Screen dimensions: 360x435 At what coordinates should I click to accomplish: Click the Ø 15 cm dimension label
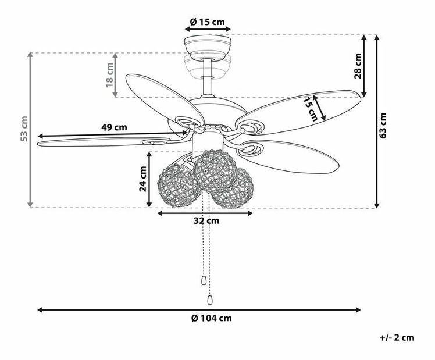(208, 22)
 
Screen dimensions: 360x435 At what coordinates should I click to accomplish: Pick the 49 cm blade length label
(114, 127)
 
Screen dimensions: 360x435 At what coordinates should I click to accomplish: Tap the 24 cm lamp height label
(142, 179)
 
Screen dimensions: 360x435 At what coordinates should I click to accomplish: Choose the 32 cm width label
(206, 221)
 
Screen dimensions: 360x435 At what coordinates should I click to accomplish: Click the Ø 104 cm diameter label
(211, 318)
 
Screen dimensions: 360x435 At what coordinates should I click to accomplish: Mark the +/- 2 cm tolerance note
(397, 337)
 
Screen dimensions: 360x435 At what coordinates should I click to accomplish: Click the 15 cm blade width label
(312, 108)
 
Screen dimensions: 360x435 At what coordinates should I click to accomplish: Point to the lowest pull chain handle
(209, 299)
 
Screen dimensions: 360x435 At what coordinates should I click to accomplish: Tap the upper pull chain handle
(203, 280)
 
